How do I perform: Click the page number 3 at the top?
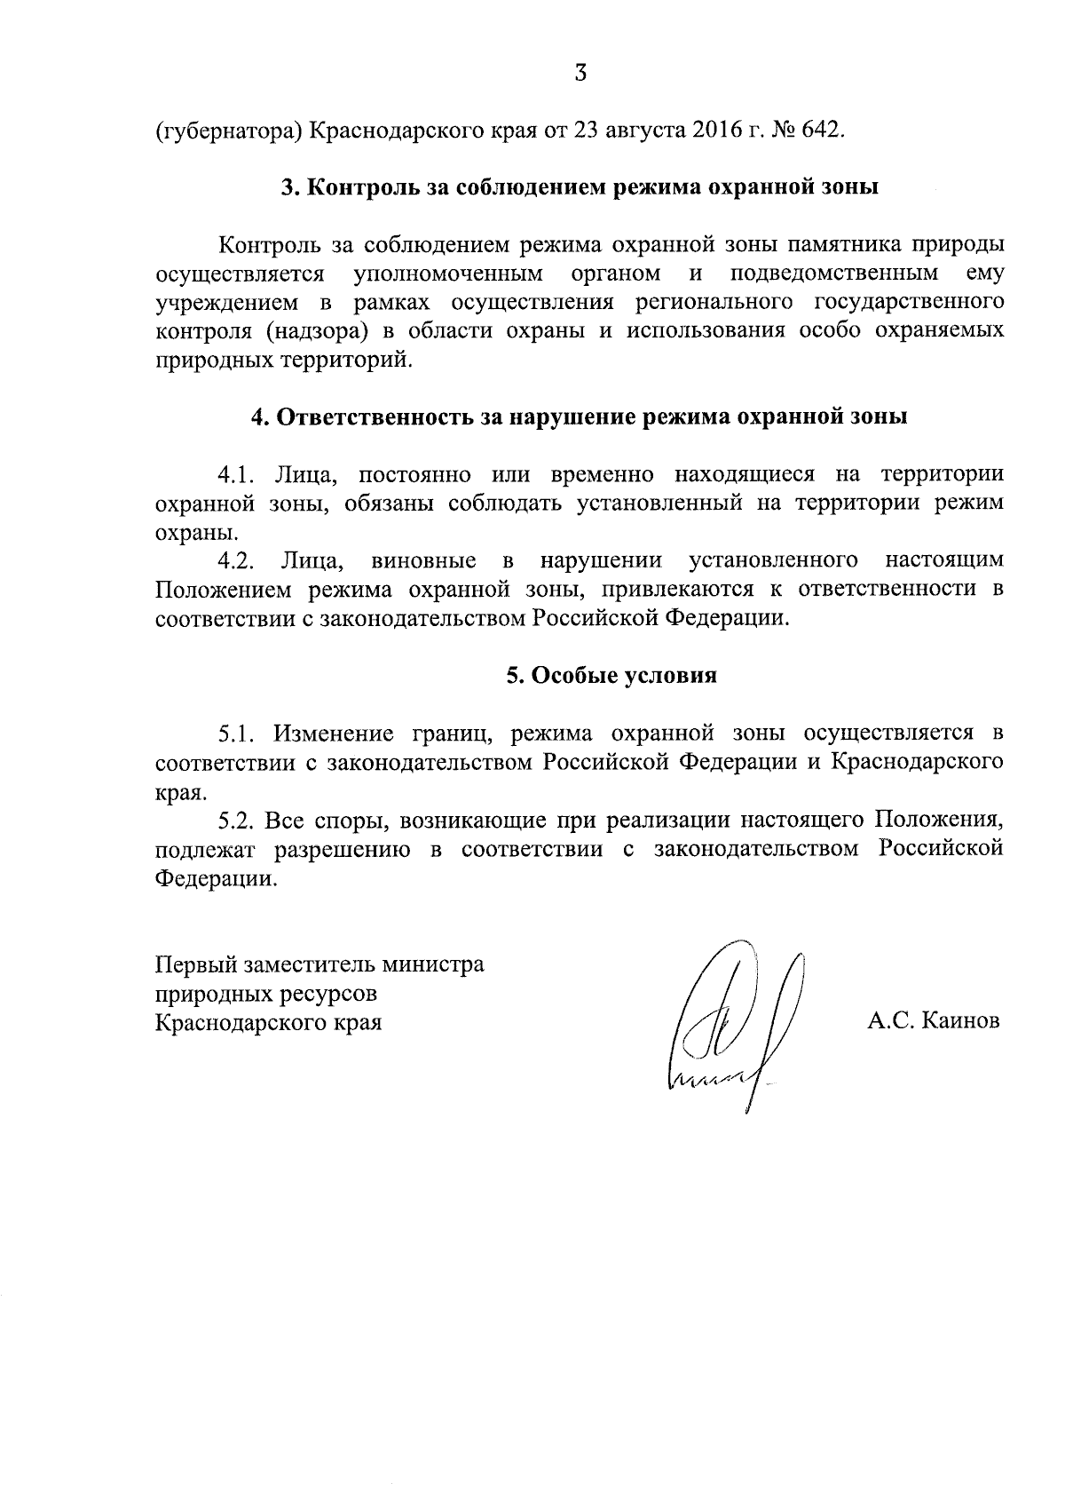580,74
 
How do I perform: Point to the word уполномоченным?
448,273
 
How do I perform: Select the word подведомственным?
834,273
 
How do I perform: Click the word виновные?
424,560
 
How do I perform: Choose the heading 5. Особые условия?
611,676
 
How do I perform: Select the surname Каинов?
961,1021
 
